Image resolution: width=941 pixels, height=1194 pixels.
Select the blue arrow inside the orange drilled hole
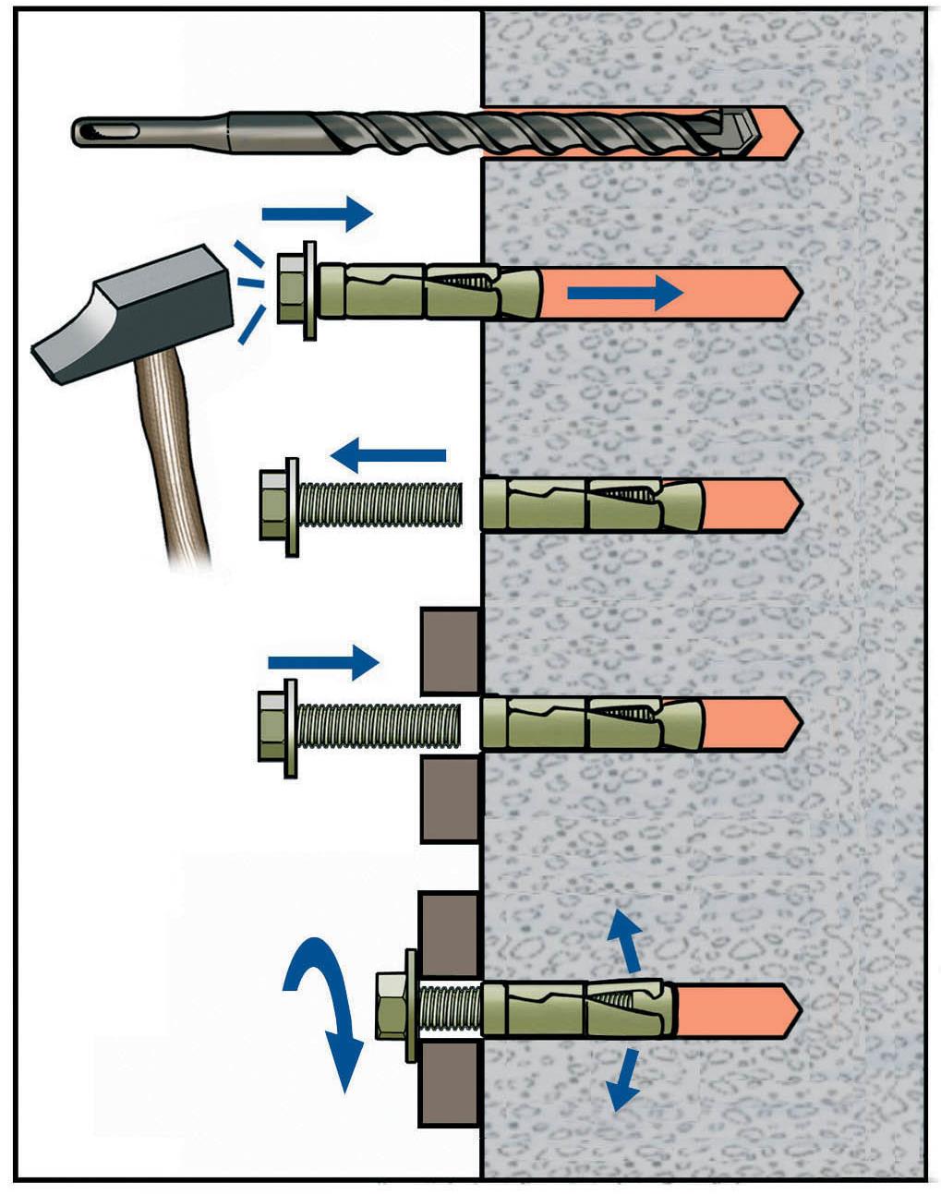pos(624,293)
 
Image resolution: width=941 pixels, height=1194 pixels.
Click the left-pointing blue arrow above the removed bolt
pos(388,454)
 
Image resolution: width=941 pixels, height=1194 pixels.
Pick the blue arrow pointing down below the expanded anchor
pos(624,1078)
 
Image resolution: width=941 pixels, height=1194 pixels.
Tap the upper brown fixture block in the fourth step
pos(450,650)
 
